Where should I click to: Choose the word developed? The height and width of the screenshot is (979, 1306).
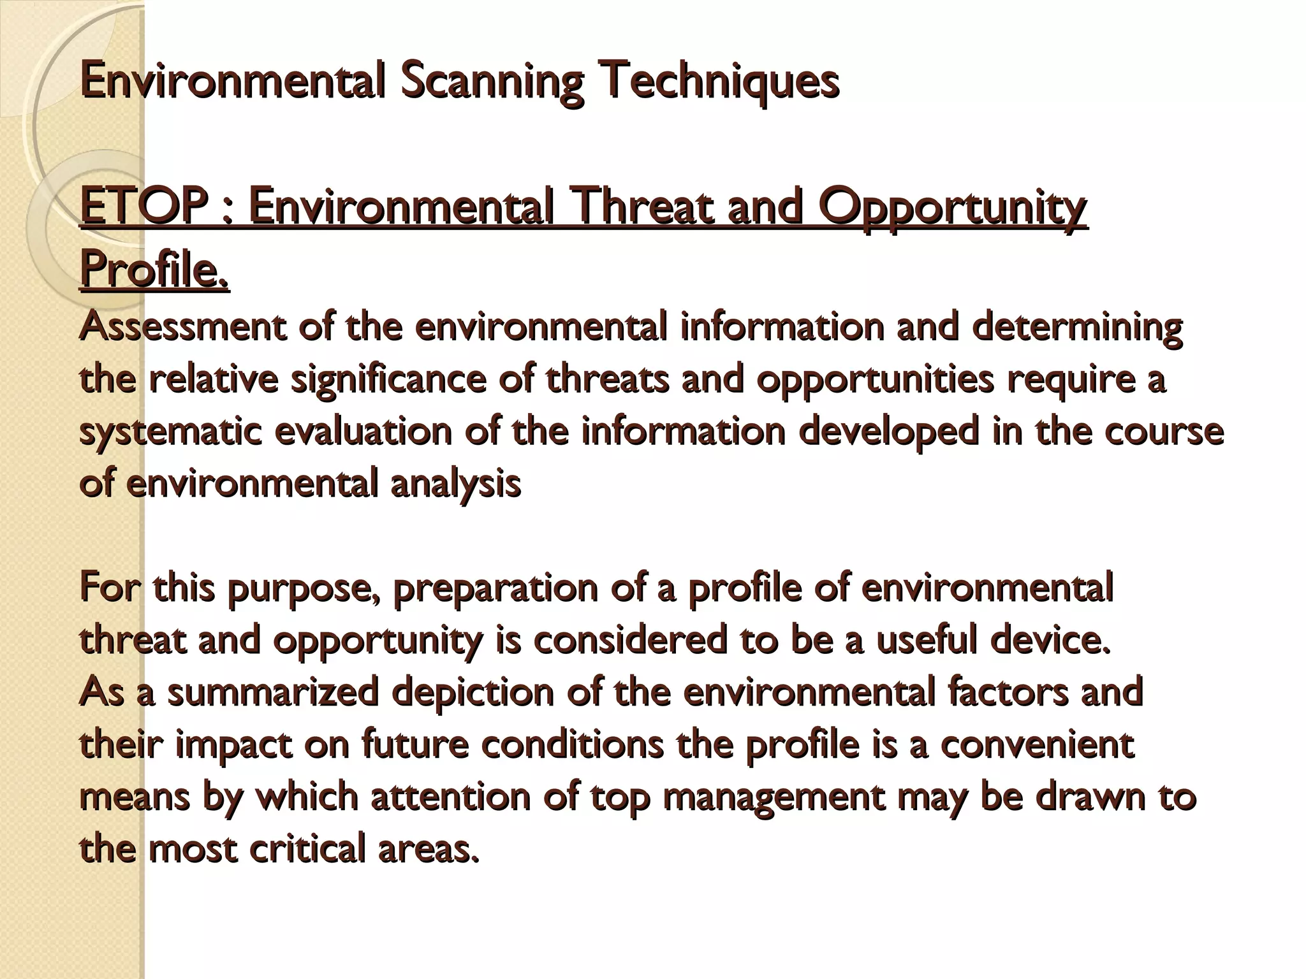(888, 431)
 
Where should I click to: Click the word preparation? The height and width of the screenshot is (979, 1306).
(495, 588)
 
